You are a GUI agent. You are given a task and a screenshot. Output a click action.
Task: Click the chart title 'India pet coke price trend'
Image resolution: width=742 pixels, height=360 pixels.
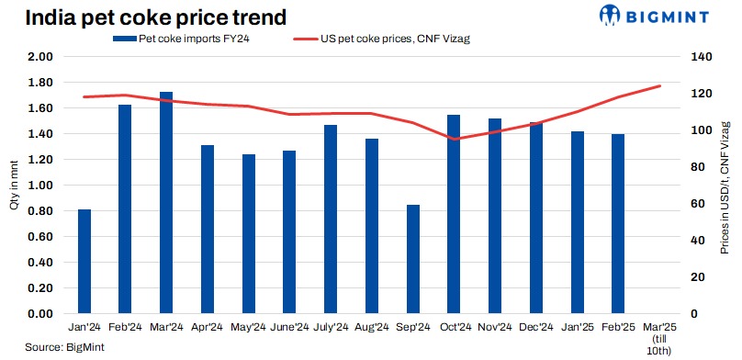coord(155,16)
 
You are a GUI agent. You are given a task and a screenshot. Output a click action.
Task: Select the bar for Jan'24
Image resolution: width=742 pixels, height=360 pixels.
coord(84,262)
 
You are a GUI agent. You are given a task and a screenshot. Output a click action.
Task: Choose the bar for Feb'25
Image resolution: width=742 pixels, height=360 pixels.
coord(618,224)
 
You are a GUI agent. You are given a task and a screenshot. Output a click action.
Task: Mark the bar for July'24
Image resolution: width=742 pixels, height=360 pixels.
coord(331,219)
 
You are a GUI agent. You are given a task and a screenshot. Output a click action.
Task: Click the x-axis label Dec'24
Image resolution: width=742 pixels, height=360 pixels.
coord(536,327)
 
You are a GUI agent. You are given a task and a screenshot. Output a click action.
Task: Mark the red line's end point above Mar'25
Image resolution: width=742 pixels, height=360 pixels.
coord(659,86)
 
